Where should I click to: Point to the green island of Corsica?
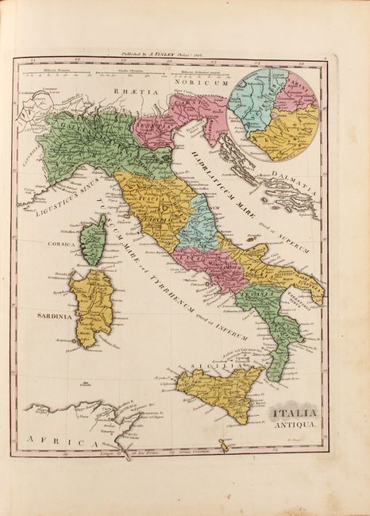point(94,239)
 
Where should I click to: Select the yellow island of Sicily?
point(219,388)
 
